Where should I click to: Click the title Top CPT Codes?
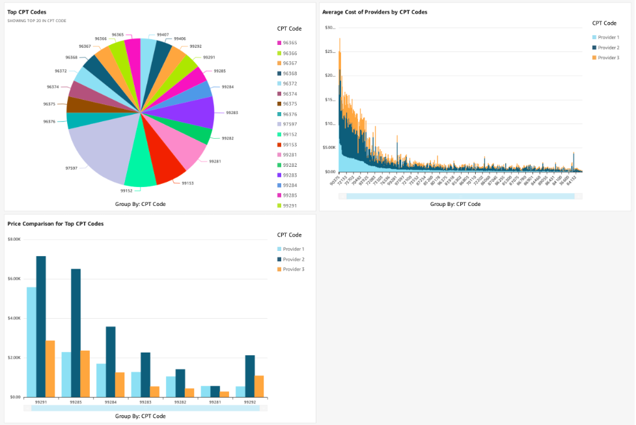pyautogui.click(x=27, y=12)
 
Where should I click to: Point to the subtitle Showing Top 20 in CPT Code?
pyautogui.click(x=36, y=21)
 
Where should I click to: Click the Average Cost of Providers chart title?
pyautogui.click(x=374, y=12)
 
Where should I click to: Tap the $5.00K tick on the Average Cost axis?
pyautogui.click(x=329, y=147)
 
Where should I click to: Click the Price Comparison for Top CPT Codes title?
pyautogui.click(x=55, y=224)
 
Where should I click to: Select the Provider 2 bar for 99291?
pyautogui.click(x=41, y=326)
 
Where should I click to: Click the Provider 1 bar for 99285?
pyautogui.click(x=66, y=374)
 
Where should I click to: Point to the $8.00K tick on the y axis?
pyautogui.click(x=14, y=239)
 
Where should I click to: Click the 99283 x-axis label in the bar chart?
pyautogui.click(x=145, y=402)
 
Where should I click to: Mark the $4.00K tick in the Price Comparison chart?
pyautogui.click(x=14, y=318)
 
